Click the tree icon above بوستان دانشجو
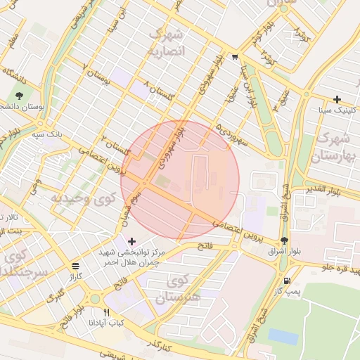pos(19,96)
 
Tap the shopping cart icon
pos(235,58)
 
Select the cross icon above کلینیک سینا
pos(337,99)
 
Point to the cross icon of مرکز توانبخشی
pos(131,241)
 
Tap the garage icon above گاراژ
pos(75,266)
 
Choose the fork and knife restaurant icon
pos(107,312)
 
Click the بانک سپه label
pos(51,132)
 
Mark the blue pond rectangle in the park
pos(283,336)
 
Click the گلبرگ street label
pos(55,297)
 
